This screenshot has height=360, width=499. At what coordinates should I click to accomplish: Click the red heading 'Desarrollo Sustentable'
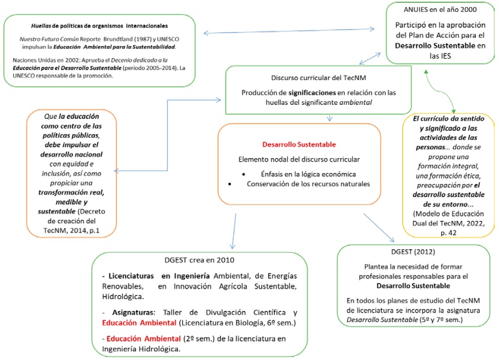point(298,144)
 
